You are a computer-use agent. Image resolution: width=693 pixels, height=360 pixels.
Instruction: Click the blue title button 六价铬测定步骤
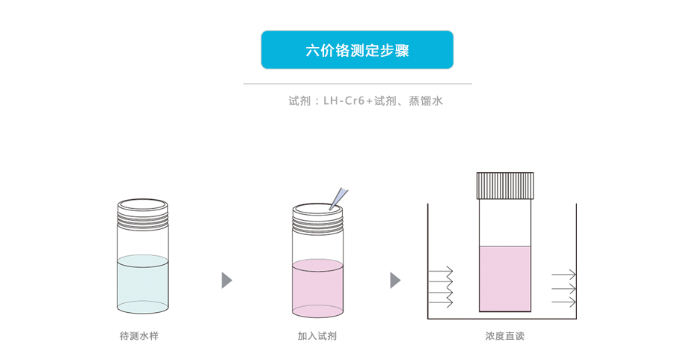[x=357, y=50]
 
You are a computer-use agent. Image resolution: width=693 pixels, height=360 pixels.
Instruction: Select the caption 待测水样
[x=139, y=336]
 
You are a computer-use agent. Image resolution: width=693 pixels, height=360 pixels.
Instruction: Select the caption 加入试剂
[x=317, y=336]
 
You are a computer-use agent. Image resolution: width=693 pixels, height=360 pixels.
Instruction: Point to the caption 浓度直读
[x=504, y=336]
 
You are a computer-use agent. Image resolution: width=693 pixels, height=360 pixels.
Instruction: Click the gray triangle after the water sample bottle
[x=227, y=281]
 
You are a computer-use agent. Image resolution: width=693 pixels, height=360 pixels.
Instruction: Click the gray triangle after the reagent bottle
[x=395, y=281]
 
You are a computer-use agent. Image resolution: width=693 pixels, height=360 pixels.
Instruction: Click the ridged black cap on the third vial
[x=505, y=185]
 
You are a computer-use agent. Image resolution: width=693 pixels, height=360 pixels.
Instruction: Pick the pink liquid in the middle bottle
[x=317, y=288]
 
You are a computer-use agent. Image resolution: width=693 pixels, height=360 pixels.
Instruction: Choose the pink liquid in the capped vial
[x=505, y=278]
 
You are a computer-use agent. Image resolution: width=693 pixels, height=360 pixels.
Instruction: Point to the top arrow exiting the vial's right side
[x=564, y=274]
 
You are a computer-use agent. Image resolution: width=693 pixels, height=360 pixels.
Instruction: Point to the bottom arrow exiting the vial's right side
[x=564, y=302]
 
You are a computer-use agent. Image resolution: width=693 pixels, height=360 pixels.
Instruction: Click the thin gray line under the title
[x=357, y=84]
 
